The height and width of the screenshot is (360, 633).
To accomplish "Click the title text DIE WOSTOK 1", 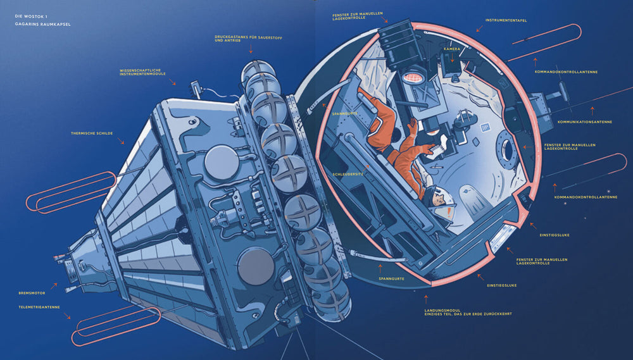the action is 31,16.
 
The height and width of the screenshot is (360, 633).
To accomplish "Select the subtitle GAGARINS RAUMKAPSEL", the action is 42,24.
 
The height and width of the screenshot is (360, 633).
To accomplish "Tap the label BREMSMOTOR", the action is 32,293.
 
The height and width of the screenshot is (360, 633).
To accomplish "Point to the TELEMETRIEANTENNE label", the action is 39,307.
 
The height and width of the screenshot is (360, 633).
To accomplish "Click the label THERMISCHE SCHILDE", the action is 92,133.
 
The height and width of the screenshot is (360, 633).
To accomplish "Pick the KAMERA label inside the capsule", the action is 452,49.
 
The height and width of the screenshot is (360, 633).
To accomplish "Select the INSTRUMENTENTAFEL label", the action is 506,20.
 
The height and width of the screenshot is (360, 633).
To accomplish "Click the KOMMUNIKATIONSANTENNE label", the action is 585,122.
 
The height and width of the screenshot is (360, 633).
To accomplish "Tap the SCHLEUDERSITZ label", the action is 348,175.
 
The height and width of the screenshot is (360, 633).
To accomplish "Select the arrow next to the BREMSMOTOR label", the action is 53,286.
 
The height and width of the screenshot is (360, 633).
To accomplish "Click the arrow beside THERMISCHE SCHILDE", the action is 121,141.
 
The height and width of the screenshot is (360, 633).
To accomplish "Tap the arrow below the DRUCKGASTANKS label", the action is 251,49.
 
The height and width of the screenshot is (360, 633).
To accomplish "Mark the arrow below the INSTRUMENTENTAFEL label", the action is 480,28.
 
